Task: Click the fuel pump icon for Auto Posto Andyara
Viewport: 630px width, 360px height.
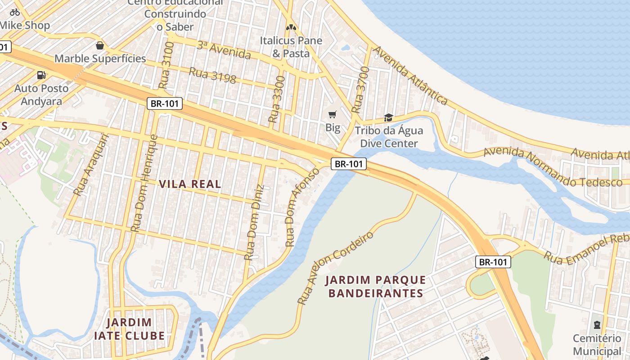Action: [41, 75]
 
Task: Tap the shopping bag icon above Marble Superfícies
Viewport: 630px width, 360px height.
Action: [100, 45]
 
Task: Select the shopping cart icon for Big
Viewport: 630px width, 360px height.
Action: [333, 115]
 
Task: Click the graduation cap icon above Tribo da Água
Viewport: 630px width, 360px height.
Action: [388, 118]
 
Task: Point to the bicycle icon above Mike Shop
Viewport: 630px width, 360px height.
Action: [15, 12]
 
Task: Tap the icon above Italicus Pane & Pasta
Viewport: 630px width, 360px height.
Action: [291, 27]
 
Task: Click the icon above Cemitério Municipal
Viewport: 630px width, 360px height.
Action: [597, 324]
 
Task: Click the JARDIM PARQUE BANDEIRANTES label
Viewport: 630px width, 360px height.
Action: [376, 287]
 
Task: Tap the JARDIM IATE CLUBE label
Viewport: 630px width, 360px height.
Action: [130, 329]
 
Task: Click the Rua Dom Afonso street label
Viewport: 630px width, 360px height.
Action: [302, 207]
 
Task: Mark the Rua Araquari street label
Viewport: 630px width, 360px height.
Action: [91, 165]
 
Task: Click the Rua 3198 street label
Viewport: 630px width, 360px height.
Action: [212, 76]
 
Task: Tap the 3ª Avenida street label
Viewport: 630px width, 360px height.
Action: [224, 50]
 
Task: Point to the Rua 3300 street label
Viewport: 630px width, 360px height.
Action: [276, 100]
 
